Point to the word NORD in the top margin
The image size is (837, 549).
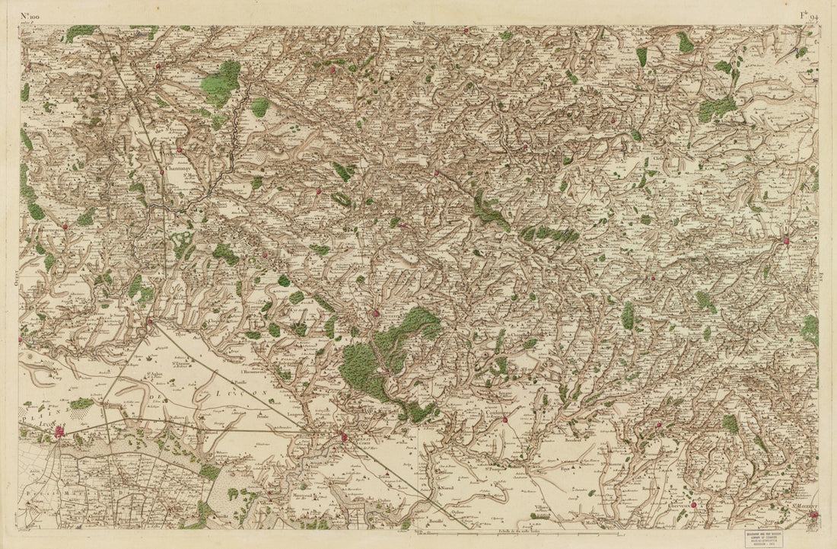(x=418, y=24)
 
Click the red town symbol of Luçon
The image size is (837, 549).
(x=59, y=432)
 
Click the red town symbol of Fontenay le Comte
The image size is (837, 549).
(x=344, y=437)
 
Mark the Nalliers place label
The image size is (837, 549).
(x=178, y=418)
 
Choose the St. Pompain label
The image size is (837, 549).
(x=493, y=479)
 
